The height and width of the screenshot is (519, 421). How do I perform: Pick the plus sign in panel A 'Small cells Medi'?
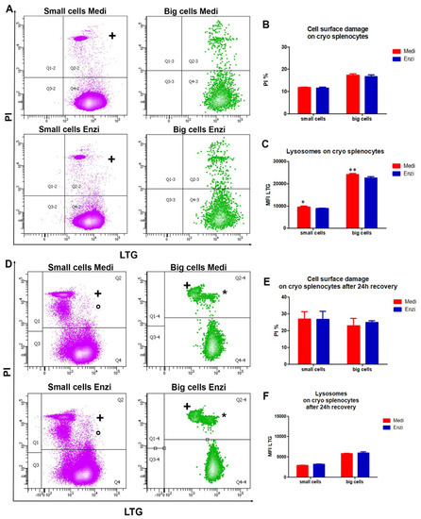(112, 35)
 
